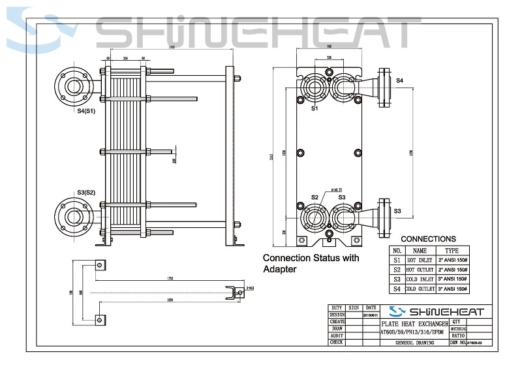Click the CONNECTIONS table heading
[428, 239]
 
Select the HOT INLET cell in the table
[420, 259]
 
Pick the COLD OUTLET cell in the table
[420, 288]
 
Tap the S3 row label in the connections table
[397, 278]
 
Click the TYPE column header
[452, 250]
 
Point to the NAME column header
[420, 250]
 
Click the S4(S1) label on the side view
[86, 111]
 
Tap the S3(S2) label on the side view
[86, 192]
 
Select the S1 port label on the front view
[315, 108]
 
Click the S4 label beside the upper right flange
[400, 80]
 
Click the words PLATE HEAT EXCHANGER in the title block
[415, 324]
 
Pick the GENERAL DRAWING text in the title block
[415, 342]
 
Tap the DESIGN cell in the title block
[337, 314]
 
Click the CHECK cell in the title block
[337, 342]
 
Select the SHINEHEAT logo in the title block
[436, 311]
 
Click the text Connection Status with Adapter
[310, 263]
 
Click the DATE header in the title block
[370, 306]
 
